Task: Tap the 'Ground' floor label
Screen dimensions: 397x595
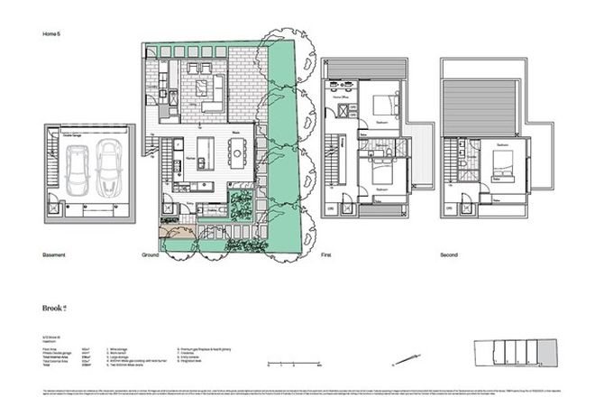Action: coord(151,256)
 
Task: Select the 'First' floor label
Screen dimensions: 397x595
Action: coord(326,256)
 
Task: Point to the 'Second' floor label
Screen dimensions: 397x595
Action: coord(451,256)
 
